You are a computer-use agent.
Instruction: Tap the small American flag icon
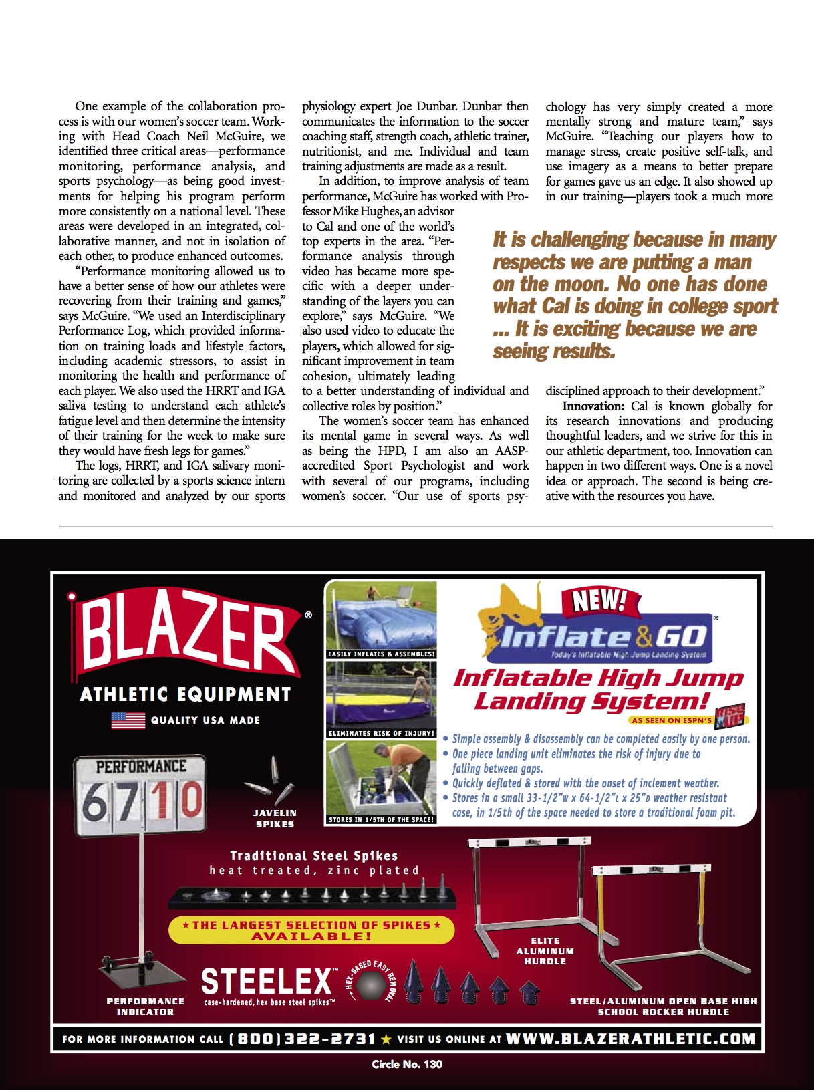point(128,720)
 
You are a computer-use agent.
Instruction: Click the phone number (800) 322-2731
point(302,1039)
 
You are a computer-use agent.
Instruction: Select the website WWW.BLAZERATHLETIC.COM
point(630,1039)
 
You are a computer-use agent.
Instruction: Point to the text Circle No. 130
point(407,1064)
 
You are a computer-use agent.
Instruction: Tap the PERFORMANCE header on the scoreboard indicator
point(141,766)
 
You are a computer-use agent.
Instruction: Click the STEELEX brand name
point(267,980)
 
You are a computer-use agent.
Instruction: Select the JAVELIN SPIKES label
point(275,819)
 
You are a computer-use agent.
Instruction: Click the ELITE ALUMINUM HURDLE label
point(545,950)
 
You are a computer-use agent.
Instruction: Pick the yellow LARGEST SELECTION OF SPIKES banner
point(311,930)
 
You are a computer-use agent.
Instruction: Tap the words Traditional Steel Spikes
point(314,855)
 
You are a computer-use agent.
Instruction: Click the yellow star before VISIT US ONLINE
point(386,1039)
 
